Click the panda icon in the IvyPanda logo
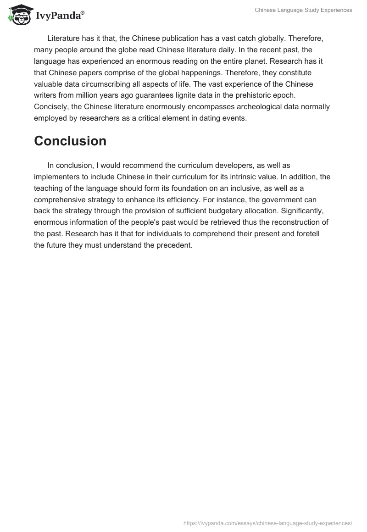[x=19, y=15]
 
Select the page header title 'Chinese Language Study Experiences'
[x=304, y=10]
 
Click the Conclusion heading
[x=70, y=141]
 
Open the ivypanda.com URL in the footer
[x=267, y=522]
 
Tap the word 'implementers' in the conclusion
[x=56, y=177]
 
